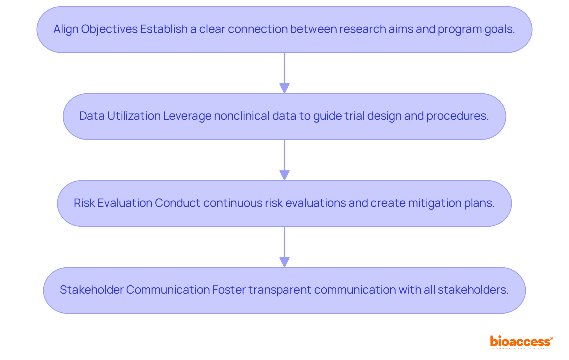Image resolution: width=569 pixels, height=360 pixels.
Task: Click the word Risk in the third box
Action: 84,203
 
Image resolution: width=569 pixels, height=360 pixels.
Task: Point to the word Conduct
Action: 178,203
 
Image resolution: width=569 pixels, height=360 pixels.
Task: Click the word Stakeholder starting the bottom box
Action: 92,290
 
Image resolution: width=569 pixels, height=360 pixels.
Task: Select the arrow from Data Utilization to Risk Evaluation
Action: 284,160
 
